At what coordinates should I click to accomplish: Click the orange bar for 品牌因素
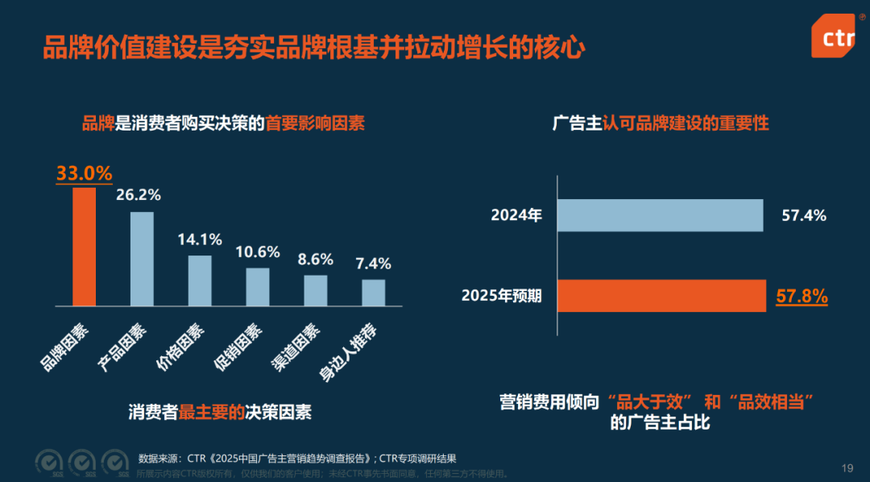click(x=85, y=247)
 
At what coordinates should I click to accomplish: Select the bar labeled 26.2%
click(x=142, y=259)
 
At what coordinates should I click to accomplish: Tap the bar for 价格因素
click(x=200, y=280)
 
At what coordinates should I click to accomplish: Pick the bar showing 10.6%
click(x=258, y=287)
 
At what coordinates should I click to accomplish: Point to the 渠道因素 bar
click(x=316, y=290)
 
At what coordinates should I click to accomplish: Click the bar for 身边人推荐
click(x=373, y=293)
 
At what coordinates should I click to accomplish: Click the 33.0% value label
click(x=84, y=173)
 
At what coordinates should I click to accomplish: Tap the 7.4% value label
click(x=373, y=264)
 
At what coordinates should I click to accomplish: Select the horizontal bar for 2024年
click(x=660, y=215)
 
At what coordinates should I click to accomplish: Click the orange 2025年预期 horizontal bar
click(x=661, y=296)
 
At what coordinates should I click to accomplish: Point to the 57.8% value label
click(x=802, y=297)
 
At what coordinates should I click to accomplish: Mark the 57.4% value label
click(x=804, y=215)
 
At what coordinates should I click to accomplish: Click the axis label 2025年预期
click(x=501, y=296)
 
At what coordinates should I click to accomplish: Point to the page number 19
click(x=847, y=467)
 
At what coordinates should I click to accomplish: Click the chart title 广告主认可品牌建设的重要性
click(x=661, y=123)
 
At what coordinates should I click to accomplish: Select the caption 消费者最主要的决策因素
click(x=220, y=412)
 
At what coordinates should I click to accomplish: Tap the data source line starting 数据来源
click(x=298, y=458)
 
